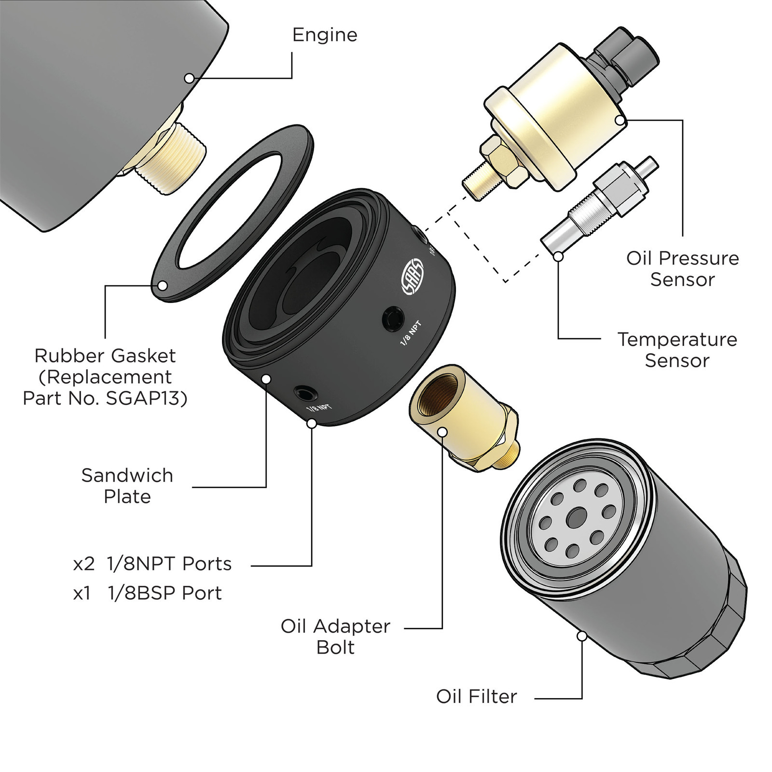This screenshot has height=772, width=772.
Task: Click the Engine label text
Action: [325, 35]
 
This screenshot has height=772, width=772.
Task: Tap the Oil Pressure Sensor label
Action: [682, 269]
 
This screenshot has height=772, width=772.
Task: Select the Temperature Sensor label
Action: [677, 350]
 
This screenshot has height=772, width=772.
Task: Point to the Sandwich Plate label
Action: [127, 486]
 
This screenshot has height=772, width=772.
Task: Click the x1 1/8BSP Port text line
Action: [148, 593]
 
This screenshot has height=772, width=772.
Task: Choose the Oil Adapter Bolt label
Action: [335, 636]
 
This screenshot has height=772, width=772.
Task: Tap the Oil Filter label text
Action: [476, 696]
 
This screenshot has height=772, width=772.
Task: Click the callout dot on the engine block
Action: [189, 78]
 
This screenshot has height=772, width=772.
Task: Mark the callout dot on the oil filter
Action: [582, 636]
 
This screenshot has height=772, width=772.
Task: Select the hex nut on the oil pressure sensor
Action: [502, 162]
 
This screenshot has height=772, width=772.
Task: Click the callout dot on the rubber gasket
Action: [163, 286]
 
